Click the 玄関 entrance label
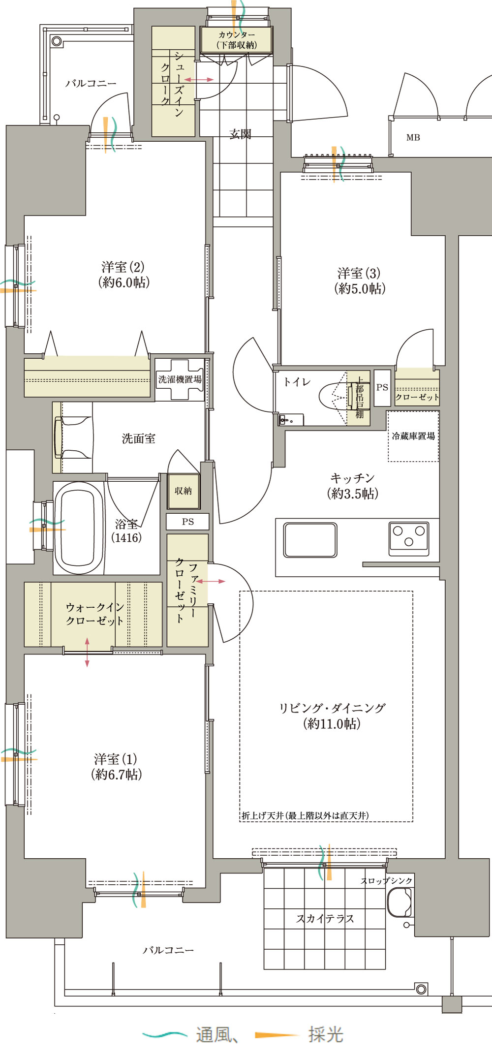tap(240, 134)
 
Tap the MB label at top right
tap(413, 138)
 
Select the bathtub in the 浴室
tap(79, 528)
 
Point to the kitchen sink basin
tap(310, 540)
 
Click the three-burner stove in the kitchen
tap(408, 538)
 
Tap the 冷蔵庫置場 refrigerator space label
tap(413, 436)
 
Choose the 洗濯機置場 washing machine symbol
tap(180, 379)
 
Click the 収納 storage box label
tap(183, 491)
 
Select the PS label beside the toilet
tap(382, 387)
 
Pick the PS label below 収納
tap(188, 522)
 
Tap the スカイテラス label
tap(325, 919)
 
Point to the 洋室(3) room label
tap(360, 281)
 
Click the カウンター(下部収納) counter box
tap(236, 39)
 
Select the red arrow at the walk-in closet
tap(87, 653)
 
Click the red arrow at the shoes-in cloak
tap(199, 79)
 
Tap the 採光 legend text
tap(326, 1034)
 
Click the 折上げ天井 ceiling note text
tap(305, 815)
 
